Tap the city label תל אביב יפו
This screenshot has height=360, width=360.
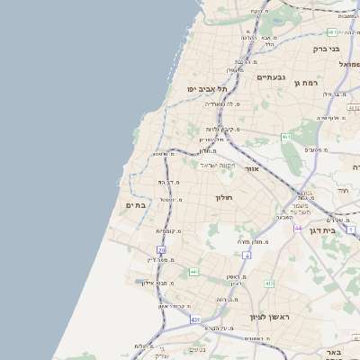coord(207,89)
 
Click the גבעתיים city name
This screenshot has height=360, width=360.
coord(271,77)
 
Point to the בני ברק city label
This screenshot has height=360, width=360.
coord(326,49)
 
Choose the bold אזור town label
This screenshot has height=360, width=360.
coord(251,168)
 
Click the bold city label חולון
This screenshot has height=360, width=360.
coord(223,197)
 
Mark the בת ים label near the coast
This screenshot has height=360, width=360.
coord(135,206)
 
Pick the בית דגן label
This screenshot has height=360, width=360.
coord(334,231)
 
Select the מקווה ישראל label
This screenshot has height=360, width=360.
coord(216,165)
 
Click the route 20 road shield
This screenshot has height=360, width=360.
coord(162,249)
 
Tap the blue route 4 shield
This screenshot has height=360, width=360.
coord(247,255)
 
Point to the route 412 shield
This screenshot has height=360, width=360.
coord(268,284)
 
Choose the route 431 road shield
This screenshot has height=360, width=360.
coord(195,319)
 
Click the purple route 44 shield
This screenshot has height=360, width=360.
coord(298,229)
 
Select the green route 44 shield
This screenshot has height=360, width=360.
coord(193,272)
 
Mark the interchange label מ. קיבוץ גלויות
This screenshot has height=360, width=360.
coord(221,129)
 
